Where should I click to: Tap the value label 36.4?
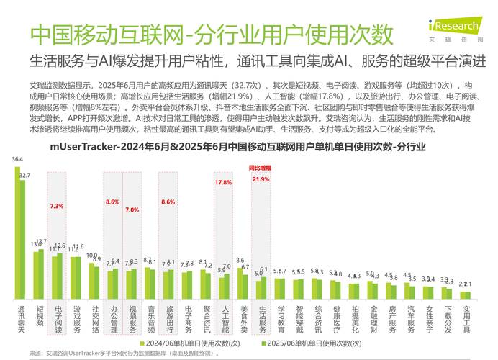[17, 159]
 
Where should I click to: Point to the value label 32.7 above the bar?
[25, 175]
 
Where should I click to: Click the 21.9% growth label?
[261, 179]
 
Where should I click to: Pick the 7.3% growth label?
[56, 207]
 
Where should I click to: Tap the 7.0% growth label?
[132, 210]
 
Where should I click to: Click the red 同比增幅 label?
[260, 168]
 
